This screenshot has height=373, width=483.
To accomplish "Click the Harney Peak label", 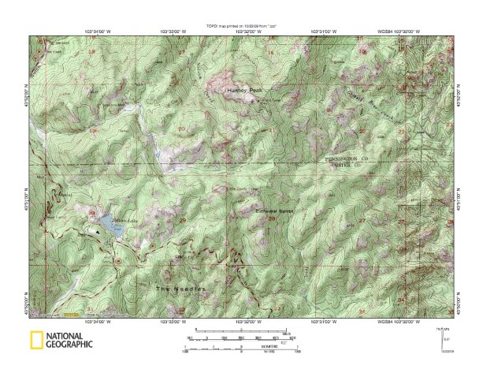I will point(237,91).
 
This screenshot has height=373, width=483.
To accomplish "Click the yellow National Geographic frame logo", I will point(35,341).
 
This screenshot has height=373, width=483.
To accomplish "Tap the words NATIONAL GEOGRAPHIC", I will point(69,341).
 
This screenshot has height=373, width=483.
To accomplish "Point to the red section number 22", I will point(362,129).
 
